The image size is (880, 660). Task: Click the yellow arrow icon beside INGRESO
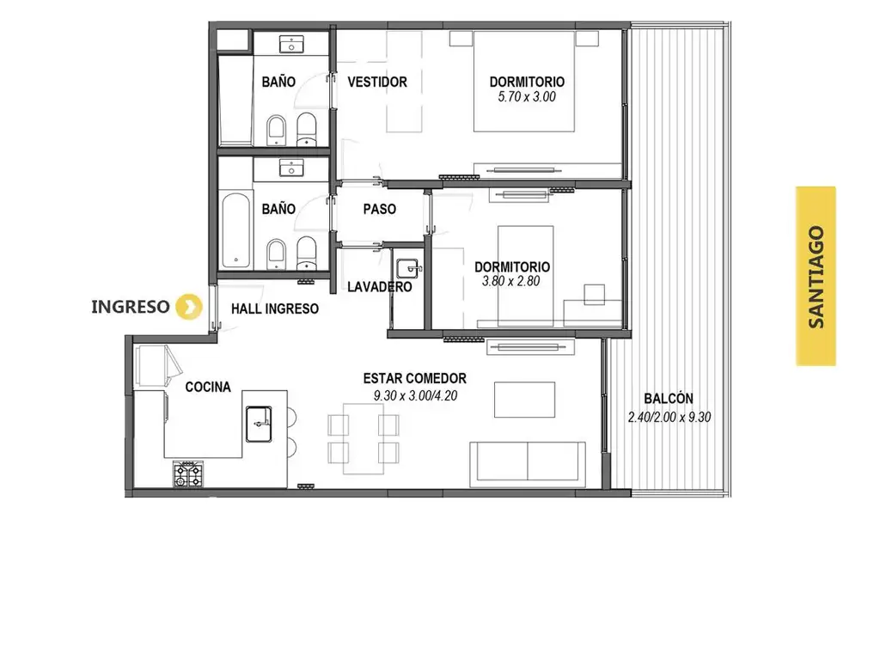tap(188, 307)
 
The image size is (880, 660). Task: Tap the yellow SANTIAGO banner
tap(816, 276)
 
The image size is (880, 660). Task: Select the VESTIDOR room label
tap(377, 82)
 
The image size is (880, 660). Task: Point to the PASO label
tap(379, 210)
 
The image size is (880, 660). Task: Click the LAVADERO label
tap(379, 287)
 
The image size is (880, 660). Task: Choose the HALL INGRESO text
tap(275, 309)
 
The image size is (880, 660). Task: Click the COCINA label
tap(208, 388)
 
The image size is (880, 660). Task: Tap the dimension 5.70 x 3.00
tap(527, 96)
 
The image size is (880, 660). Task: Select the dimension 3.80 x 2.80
tap(510, 281)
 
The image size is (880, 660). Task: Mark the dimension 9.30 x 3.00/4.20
tap(415, 395)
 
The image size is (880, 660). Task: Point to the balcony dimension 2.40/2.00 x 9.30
tap(669, 417)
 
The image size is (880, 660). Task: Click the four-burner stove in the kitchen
tap(188, 474)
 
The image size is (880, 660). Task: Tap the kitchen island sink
tap(259, 424)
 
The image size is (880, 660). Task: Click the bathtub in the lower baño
tap(235, 230)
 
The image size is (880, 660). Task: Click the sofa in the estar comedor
tap(528, 461)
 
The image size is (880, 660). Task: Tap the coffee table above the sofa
tap(524, 400)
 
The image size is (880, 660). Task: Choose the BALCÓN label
tap(669, 399)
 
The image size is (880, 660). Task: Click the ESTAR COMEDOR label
tap(415, 378)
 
